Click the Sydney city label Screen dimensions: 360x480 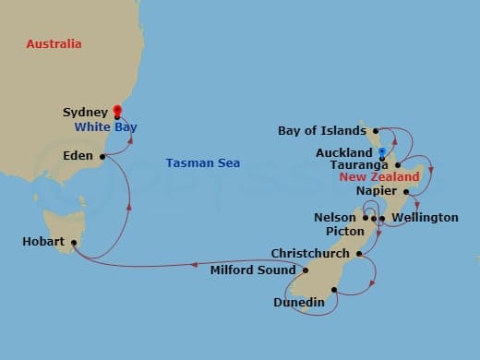(84, 112)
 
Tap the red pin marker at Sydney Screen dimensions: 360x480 (116, 112)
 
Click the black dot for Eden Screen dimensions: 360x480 (102, 156)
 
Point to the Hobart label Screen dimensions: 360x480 (42, 242)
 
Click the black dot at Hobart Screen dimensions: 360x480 (73, 243)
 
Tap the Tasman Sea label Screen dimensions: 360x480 (203, 163)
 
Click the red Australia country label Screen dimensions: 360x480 (54, 44)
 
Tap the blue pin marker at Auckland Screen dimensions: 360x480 (381, 150)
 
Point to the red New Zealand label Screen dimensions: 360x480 (379, 176)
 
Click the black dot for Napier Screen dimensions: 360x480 (406, 193)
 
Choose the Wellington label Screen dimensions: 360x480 (425, 218)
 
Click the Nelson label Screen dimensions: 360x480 (334, 218)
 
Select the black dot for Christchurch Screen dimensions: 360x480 (358, 253)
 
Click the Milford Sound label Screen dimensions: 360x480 (253, 270)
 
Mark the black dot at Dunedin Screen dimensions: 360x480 (334, 290)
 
